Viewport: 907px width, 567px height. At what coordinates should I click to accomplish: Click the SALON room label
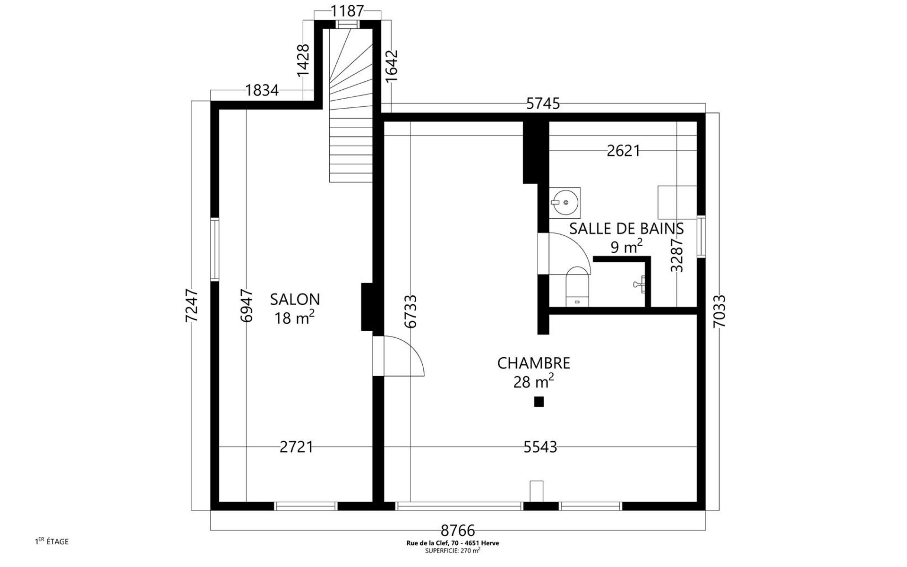pyautogui.click(x=295, y=299)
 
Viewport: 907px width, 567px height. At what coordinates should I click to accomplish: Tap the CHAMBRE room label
pyautogui.click(x=534, y=363)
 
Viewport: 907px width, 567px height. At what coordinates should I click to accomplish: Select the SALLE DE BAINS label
pyautogui.click(x=626, y=228)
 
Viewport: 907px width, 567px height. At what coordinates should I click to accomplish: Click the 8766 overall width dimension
pyautogui.click(x=458, y=531)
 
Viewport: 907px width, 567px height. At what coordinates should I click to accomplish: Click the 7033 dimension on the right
pyautogui.click(x=719, y=311)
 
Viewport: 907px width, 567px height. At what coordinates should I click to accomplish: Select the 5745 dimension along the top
pyautogui.click(x=543, y=103)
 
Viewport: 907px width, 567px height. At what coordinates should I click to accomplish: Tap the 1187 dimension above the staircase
pyautogui.click(x=347, y=10)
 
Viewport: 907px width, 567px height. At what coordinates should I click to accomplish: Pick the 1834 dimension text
pyautogui.click(x=262, y=90)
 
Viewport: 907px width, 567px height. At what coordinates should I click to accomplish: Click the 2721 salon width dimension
pyautogui.click(x=296, y=447)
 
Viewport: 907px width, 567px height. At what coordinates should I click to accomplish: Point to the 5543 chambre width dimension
pyautogui.click(x=540, y=447)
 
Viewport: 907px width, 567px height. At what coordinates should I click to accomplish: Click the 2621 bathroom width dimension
pyautogui.click(x=624, y=151)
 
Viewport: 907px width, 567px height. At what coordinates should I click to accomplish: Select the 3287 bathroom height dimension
pyautogui.click(x=677, y=255)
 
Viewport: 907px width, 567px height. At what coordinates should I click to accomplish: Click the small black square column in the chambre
pyautogui.click(x=539, y=402)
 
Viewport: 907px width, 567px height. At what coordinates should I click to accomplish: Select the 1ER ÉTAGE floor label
pyautogui.click(x=52, y=541)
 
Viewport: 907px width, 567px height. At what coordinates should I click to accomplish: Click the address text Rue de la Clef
pyautogui.click(x=453, y=543)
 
